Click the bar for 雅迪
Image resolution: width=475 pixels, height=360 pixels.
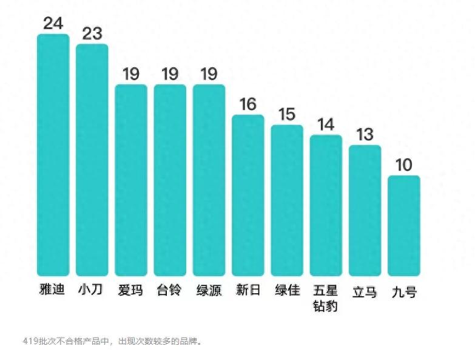[53, 155]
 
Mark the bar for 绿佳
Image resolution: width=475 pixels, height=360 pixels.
[287, 200]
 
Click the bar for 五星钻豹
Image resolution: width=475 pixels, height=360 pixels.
[326, 205]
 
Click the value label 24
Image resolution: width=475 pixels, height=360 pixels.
[53, 23]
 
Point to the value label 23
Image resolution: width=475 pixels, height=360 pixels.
[92, 33]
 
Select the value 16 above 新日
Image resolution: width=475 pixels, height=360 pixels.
[248, 104]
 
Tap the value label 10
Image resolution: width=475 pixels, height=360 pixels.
[404, 165]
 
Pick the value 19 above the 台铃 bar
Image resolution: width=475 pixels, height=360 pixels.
[170, 74]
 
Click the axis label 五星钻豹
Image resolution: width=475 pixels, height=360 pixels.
[326, 297]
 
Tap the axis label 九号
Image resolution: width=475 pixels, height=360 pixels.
[404, 292]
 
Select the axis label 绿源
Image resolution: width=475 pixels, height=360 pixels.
[209, 290]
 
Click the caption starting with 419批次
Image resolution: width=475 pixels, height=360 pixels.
[112, 341]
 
